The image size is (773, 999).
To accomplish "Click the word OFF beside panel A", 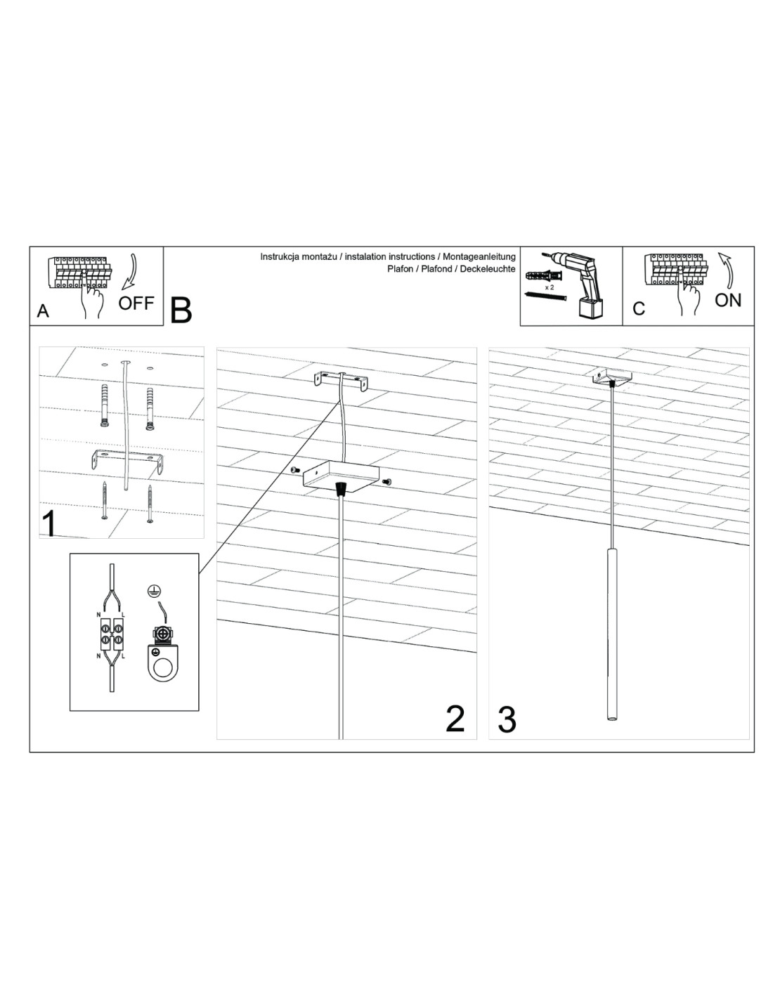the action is [x=136, y=303].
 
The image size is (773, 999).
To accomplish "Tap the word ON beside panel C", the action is [x=728, y=300].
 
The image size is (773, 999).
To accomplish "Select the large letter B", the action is [x=181, y=311].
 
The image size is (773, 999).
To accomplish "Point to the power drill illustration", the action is [x=580, y=285].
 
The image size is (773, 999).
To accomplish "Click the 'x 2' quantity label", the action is [x=549, y=287].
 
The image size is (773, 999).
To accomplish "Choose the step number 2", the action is [x=455, y=719].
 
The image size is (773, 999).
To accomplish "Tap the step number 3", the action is [x=507, y=719].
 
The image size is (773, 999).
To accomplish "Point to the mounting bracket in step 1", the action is [x=127, y=461].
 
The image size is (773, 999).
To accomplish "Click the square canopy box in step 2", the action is [x=341, y=476].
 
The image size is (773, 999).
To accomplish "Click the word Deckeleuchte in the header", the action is [x=488, y=269].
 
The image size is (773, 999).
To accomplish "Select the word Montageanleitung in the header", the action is [x=479, y=257].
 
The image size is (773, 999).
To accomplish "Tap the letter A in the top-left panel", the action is [x=43, y=311].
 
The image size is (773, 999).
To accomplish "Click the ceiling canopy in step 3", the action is [x=612, y=378].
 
